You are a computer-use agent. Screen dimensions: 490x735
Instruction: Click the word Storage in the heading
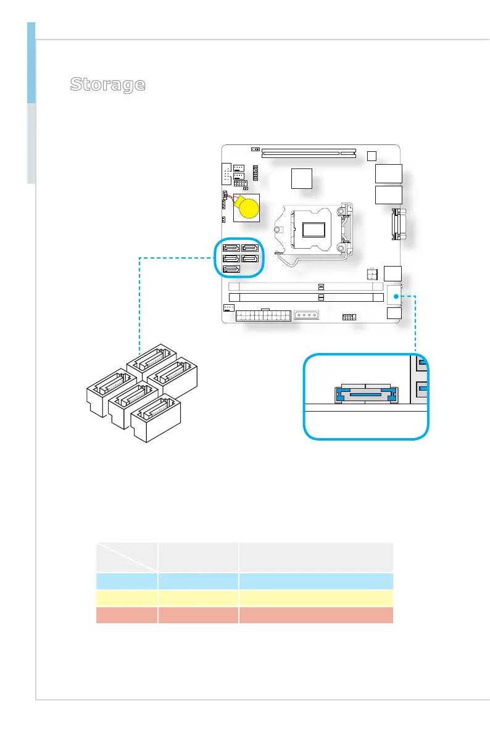108,85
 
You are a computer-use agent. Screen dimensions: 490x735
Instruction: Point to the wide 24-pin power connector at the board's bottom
264,315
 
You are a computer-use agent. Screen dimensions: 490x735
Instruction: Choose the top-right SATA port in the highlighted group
250,249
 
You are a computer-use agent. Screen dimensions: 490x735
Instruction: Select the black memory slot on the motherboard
305,297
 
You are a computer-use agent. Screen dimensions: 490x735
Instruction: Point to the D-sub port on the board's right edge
396,226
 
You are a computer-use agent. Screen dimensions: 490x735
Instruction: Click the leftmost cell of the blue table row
127,581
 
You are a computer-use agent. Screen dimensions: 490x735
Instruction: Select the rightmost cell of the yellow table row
315,598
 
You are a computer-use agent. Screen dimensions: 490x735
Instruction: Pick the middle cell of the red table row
198,615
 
